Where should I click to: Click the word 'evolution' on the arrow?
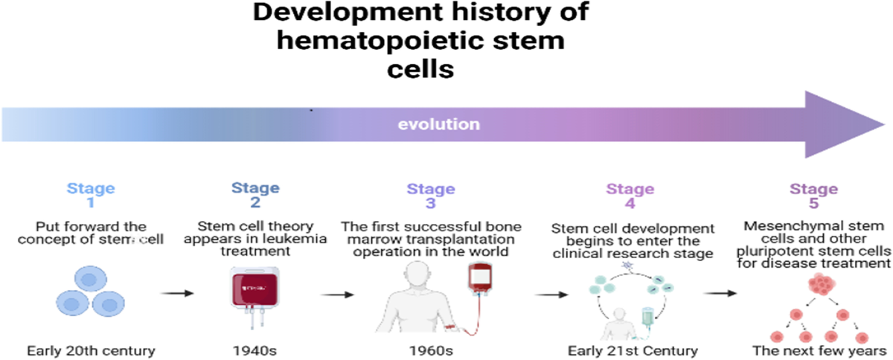click(438, 124)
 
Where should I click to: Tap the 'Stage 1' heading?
click(91, 196)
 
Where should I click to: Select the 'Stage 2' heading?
click(255, 196)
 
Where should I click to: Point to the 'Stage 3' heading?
click(432, 196)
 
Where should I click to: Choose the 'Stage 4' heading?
click(630, 196)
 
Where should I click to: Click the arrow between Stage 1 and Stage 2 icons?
click(176, 293)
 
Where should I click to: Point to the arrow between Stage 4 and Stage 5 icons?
click(719, 293)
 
